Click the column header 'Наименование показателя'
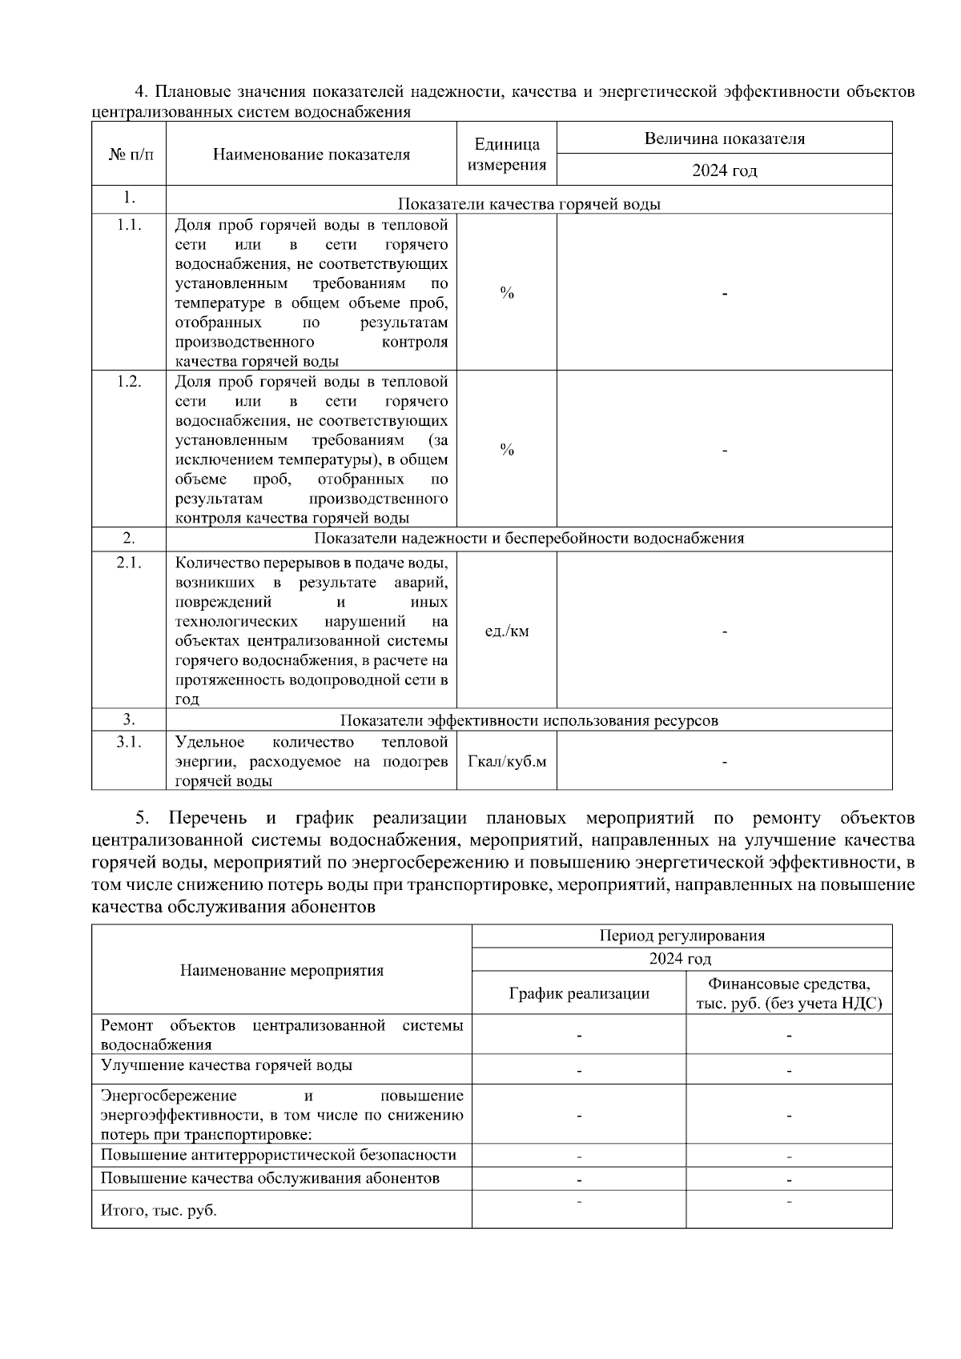(311, 154)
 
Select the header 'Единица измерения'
(506, 154)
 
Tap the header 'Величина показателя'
(724, 138)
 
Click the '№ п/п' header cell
(129, 154)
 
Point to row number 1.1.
(129, 225)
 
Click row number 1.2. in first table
(129, 382)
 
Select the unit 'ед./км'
(506, 631)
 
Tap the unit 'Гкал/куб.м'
(506, 761)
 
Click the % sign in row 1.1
(506, 293)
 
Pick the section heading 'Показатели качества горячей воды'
(529, 204)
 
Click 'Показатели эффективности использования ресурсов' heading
(529, 720)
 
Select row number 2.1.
(129, 563)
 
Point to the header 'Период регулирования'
(682, 936)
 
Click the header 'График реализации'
(579, 994)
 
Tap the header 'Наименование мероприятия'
(281, 970)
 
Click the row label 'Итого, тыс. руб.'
(159, 1210)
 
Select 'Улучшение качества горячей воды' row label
(226, 1065)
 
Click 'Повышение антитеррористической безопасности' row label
(278, 1154)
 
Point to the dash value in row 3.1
(724, 762)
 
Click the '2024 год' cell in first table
(724, 170)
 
